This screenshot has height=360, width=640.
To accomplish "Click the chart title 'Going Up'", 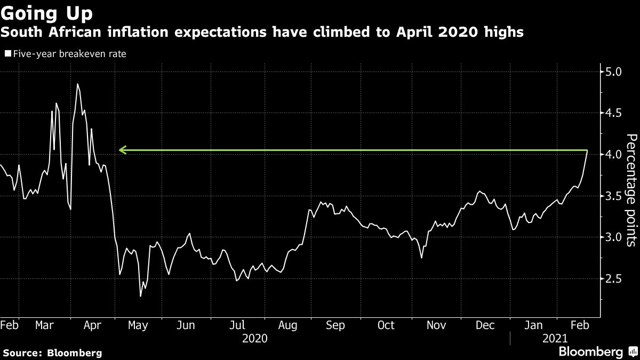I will click(x=47, y=12).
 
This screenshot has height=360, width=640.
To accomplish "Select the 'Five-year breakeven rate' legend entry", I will click(x=66, y=54).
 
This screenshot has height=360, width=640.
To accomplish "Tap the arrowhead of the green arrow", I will click(x=122, y=150).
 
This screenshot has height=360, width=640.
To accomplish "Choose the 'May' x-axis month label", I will click(x=138, y=325).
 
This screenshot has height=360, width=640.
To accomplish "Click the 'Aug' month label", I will click(x=287, y=325).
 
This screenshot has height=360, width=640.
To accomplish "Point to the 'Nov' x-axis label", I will click(x=436, y=325).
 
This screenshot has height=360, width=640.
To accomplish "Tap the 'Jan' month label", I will click(x=534, y=325).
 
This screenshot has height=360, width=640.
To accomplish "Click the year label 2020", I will click(x=255, y=338).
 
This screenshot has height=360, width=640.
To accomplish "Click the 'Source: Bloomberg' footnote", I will click(x=52, y=353).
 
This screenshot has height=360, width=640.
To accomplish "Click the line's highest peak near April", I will click(x=77, y=84).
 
